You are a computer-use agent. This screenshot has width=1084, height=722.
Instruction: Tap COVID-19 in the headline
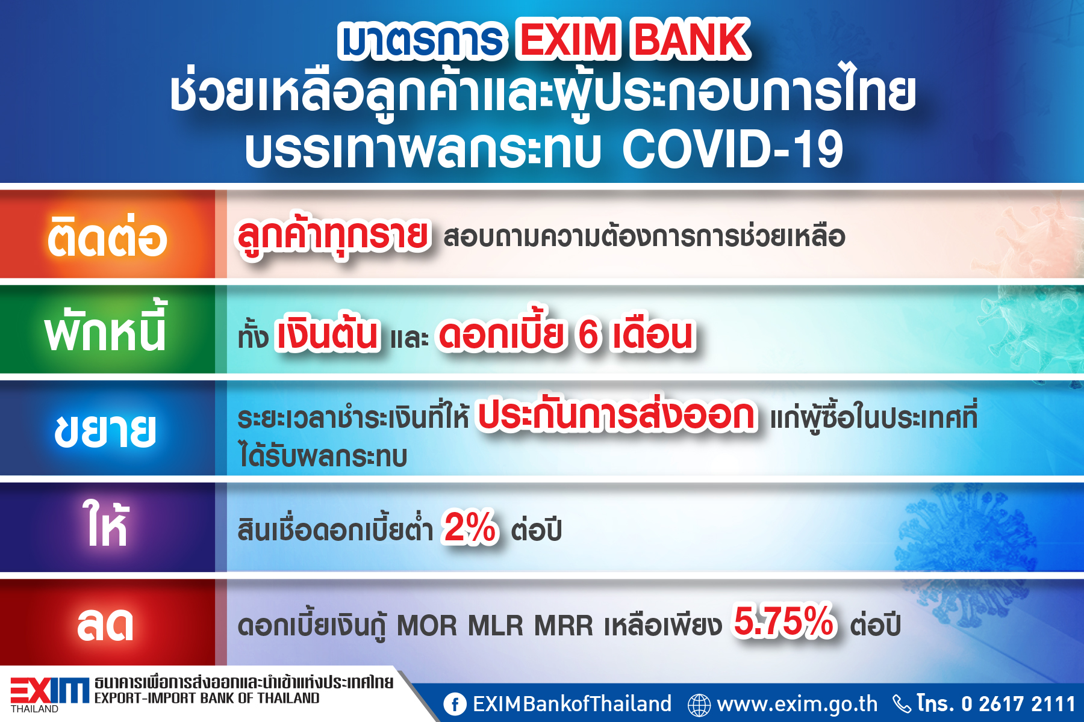point(732,149)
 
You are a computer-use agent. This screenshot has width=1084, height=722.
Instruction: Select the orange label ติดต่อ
point(107,235)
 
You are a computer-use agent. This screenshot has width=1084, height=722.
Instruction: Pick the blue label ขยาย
point(105,430)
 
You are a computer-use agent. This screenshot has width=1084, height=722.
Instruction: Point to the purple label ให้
point(105,523)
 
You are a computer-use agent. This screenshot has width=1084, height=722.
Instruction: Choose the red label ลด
point(105,624)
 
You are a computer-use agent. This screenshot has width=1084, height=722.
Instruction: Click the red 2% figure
point(470,527)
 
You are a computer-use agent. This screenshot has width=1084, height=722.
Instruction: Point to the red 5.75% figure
point(785,621)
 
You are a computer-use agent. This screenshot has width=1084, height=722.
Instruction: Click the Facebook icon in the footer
point(455,704)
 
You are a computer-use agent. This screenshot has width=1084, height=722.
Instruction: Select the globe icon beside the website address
point(699,705)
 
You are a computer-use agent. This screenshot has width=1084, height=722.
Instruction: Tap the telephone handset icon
point(902,704)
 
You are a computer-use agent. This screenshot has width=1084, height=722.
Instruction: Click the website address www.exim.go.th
point(797,703)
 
